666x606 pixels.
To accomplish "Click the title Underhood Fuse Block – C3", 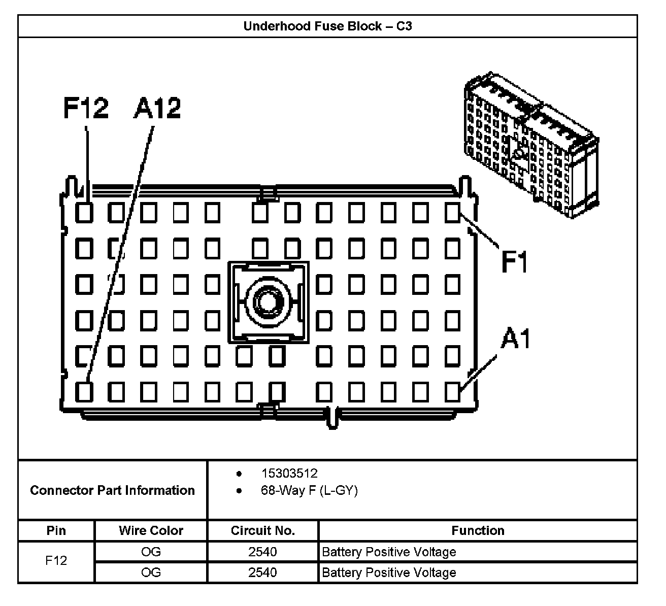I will coord(327,26).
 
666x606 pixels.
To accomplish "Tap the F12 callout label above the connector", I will coord(86,108).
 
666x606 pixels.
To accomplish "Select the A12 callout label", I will coord(157,108).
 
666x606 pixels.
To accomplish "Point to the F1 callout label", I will coord(515,262).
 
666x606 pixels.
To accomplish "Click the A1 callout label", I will coord(516,339).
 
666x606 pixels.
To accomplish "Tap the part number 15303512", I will coord(289,474).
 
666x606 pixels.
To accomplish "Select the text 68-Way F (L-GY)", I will coord(309,491).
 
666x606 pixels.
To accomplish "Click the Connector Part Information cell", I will coord(112,490).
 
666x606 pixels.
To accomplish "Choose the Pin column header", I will coord(56,531).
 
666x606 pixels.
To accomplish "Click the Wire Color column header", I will coord(151,531).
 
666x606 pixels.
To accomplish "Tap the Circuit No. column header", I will coord(262,531).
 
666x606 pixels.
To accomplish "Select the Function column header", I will coord(478,531).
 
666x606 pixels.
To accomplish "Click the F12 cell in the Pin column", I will coord(56,561).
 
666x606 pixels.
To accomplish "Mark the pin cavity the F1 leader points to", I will coord(452,213).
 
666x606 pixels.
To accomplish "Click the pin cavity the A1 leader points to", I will coord(452,392).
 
